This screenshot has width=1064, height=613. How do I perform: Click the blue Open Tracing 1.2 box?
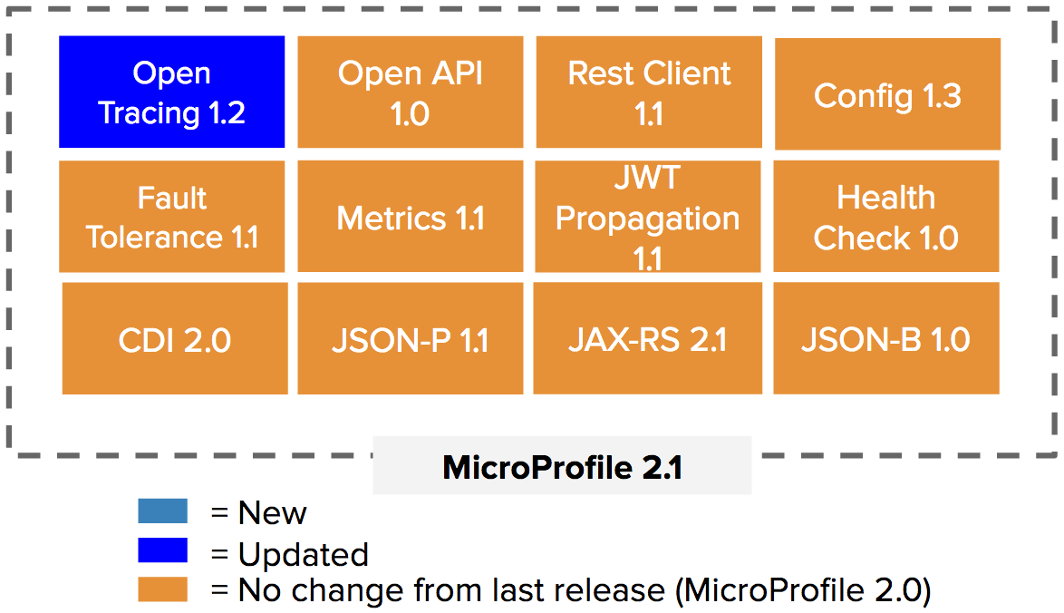pyautogui.click(x=171, y=92)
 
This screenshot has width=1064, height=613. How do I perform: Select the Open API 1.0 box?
pyautogui.click(x=411, y=92)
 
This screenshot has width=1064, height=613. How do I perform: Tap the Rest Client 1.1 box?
pyautogui.click(x=649, y=92)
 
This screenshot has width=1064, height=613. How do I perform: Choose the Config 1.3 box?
pyautogui.click(x=887, y=93)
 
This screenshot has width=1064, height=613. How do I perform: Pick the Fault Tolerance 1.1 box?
pyautogui.click(x=171, y=217)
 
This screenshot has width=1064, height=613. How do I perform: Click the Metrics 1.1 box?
pyautogui.click(x=411, y=217)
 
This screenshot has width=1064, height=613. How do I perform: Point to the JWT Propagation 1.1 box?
pyautogui.click(x=648, y=217)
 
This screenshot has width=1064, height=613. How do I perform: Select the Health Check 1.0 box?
pyautogui.click(x=886, y=217)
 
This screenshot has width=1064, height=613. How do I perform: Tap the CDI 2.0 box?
pyautogui.click(x=175, y=339)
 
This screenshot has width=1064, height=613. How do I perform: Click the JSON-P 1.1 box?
pyautogui.click(x=411, y=339)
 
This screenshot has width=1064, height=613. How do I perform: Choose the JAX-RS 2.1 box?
pyautogui.click(x=647, y=339)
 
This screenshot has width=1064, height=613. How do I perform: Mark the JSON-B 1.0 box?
pyautogui.click(x=886, y=339)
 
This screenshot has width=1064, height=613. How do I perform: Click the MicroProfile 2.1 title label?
pyautogui.click(x=563, y=467)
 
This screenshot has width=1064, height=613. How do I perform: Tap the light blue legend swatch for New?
pyautogui.click(x=163, y=511)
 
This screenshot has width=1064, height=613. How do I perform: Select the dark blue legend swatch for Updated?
pyautogui.click(x=163, y=550)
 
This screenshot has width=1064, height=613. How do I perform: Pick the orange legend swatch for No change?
pyautogui.click(x=163, y=589)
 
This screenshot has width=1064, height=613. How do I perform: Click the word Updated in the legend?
pyautogui.click(x=304, y=555)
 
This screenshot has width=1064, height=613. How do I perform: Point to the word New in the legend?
pyautogui.click(x=272, y=513)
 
